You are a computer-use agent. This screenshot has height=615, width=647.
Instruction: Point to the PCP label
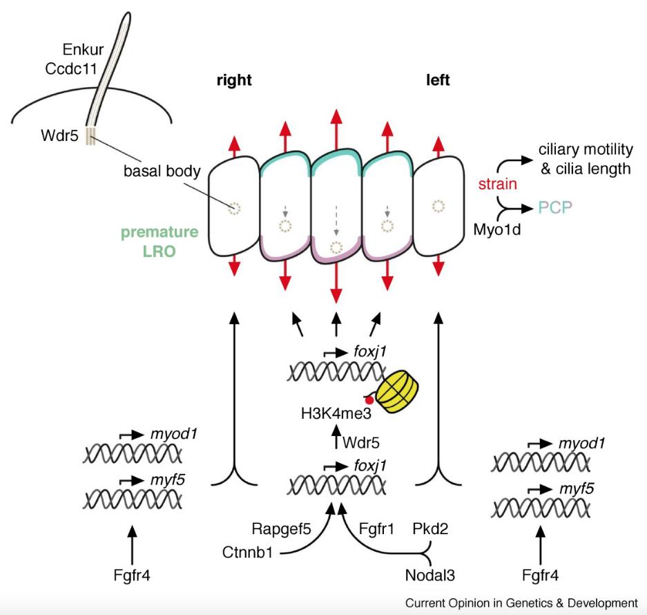point(557,207)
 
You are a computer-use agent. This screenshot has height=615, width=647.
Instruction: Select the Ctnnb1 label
point(247,553)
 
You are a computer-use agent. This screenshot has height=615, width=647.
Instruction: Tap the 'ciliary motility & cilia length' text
point(584,158)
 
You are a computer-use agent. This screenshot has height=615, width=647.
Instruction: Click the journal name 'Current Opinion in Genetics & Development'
point(521,603)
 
